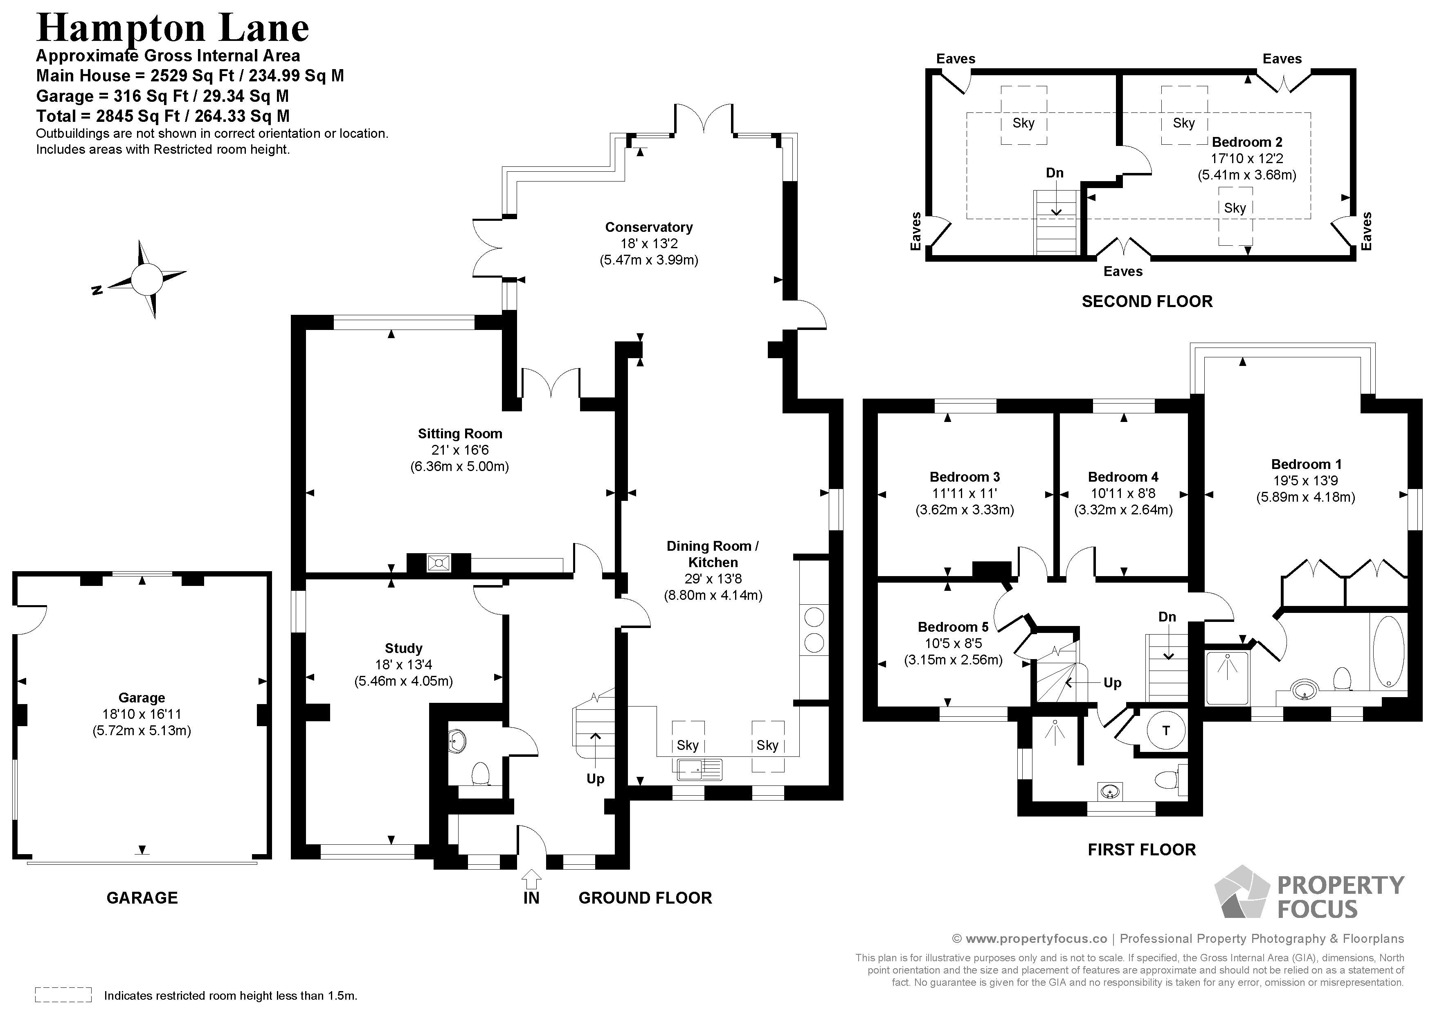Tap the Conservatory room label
click(x=649, y=227)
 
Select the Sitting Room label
click(x=460, y=433)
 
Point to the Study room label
click(x=404, y=648)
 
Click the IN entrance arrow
click(x=531, y=879)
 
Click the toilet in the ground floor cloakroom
click(x=480, y=774)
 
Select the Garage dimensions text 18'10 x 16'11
click(x=142, y=714)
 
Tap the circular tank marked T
click(x=1165, y=730)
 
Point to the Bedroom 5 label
click(x=953, y=627)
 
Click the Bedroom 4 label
click(x=1123, y=477)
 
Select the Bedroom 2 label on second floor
click(x=1247, y=142)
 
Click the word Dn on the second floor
click(x=1055, y=173)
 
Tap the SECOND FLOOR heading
click(x=1147, y=302)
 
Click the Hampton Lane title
click(x=173, y=28)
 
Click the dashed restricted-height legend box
click(x=64, y=995)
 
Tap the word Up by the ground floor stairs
click(x=596, y=779)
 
